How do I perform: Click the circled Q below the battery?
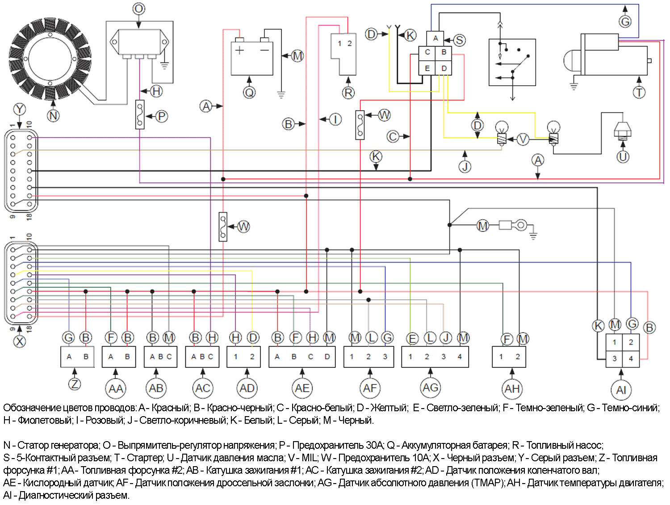click(249, 92)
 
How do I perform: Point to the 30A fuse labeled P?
click(140, 115)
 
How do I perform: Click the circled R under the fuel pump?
click(348, 92)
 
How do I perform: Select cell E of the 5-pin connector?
click(427, 68)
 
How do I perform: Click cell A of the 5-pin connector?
click(435, 38)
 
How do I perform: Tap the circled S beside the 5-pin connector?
click(459, 40)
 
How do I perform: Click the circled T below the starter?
click(639, 92)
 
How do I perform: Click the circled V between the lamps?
click(523, 139)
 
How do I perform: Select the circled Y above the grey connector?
click(20, 109)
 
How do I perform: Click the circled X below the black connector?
click(20, 341)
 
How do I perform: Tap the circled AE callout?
click(302, 388)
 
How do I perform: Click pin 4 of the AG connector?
click(460, 356)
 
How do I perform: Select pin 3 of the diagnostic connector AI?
click(614, 359)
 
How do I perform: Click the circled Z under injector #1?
click(75, 384)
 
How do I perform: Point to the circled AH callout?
click(512, 388)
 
